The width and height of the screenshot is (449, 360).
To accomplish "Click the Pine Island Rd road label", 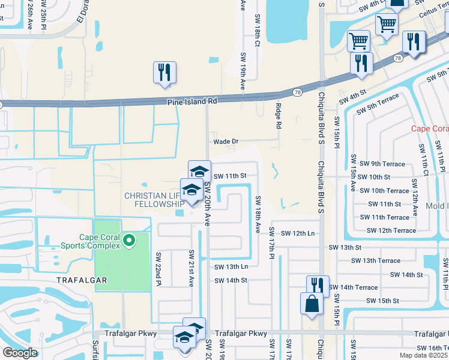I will tap(191, 101).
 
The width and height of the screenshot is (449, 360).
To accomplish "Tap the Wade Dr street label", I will tap(226, 142).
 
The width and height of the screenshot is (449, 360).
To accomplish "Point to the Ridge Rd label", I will tap(279, 116).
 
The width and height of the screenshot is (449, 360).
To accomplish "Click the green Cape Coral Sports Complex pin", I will tap(128, 242).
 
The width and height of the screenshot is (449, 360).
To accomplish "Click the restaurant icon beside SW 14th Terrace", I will tap(318, 286).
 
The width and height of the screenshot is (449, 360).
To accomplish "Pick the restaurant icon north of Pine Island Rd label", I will tap(163, 73).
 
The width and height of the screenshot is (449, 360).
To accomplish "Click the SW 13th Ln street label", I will tap(231, 266).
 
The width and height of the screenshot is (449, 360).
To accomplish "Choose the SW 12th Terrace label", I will tap(391, 230).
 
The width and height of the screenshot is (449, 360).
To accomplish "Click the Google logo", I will tap(20, 353).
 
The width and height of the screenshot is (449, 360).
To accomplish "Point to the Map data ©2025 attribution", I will tap(424, 355).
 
